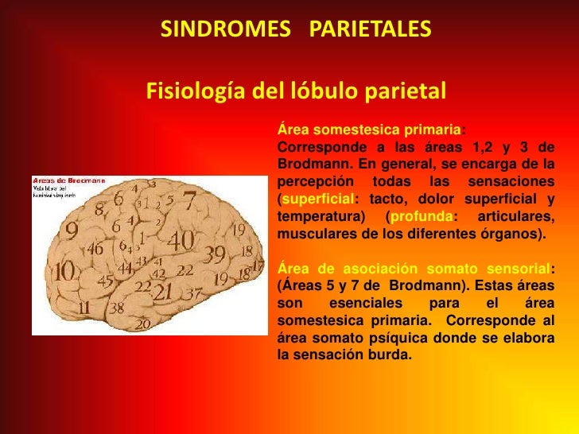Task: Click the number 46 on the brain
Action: pyautogui.click(x=95, y=248)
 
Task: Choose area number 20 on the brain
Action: pyautogui.click(x=143, y=324)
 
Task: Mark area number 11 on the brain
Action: pyautogui.click(x=84, y=307)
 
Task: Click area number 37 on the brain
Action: pyautogui.click(x=192, y=293)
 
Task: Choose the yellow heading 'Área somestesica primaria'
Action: pyautogui.click(x=369, y=130)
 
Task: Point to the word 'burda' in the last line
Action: pyautogui.click(x=389, y=355)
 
